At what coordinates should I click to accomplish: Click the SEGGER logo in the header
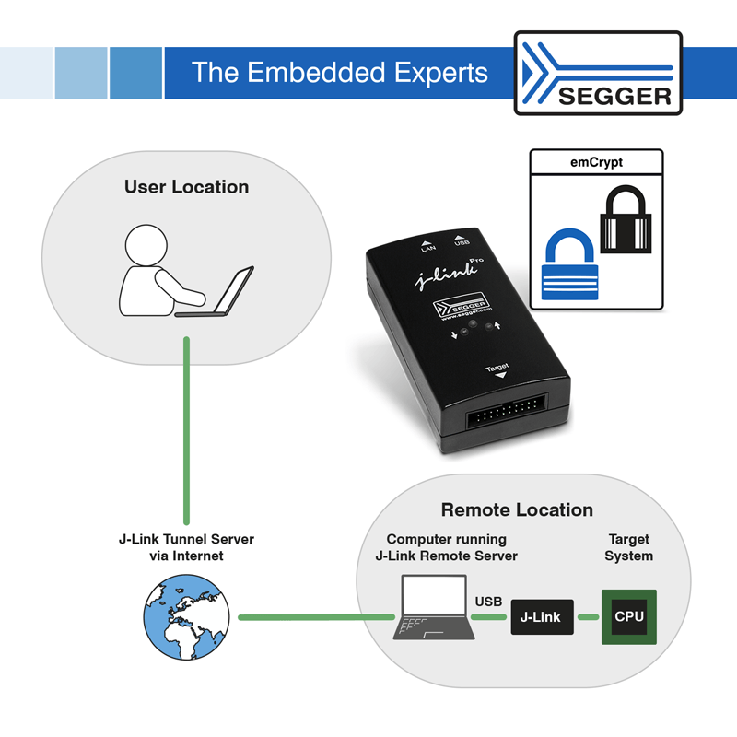[598, 74]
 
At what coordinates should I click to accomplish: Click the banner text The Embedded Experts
[339, 73]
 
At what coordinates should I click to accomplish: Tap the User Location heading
[186, 187]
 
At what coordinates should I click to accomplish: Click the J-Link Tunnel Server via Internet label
[186, 547]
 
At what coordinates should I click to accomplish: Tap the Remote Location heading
[517, 510]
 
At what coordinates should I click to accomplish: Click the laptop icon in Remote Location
[435, 608]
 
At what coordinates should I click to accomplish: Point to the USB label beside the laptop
[488, 602]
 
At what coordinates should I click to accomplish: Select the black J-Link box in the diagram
[542, 616]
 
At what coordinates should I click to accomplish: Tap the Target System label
[628, 547]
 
